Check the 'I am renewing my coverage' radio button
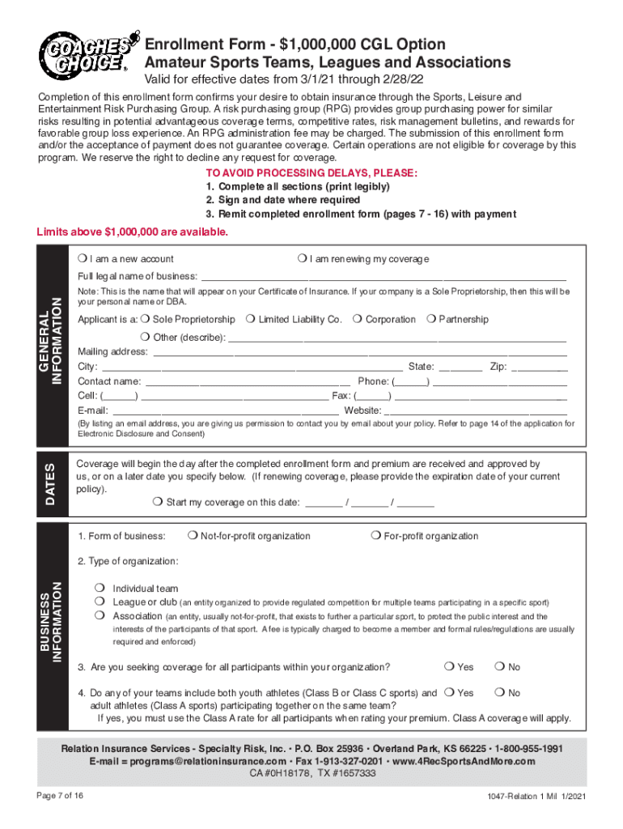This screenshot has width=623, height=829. click(x=300, y=259)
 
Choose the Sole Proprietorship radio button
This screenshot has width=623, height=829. click(x=145, y=320)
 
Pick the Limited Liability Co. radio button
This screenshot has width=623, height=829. click(x=251, y=320)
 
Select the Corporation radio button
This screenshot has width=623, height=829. click(x=357, y=320)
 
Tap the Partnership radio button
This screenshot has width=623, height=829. click(x=430, y=320)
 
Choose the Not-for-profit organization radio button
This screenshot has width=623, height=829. click(x=192, y=536)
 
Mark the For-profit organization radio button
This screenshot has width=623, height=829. click(x=375, y=536)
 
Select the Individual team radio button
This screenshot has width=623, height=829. click(x=99, y=589)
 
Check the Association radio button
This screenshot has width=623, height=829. click(x=99, y=616)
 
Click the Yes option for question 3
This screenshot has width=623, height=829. click(x=449, y=667)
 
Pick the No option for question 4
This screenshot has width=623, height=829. click(x=500, y=693)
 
